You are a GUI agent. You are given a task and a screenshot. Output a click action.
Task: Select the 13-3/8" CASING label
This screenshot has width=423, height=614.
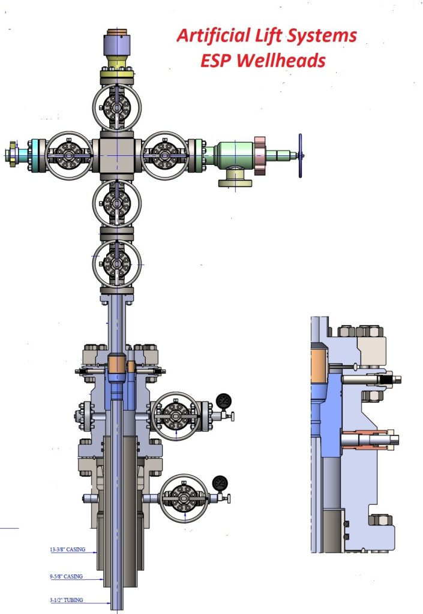pos(67,549)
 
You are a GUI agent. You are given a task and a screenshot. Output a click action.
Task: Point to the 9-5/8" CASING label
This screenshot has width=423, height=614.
pos(65,576)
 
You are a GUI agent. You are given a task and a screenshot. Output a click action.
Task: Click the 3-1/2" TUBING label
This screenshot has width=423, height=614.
pos(65,600)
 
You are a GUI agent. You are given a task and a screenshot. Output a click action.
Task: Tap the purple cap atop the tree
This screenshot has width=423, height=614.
pos(117,44)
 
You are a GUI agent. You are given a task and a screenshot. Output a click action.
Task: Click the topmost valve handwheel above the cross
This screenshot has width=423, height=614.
pos(117,107)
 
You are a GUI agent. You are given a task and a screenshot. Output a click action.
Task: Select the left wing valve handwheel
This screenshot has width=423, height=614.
pos(68,155)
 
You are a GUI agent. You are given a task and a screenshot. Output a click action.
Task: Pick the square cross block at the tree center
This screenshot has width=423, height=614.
pos(117,155)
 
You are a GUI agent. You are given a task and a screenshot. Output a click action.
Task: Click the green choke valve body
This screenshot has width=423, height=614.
pos(234,156)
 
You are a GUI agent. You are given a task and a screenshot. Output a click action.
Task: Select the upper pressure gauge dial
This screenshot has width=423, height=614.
pos(224,401)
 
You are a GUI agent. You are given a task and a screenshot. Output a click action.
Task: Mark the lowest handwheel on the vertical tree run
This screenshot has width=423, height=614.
pos(117,263)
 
